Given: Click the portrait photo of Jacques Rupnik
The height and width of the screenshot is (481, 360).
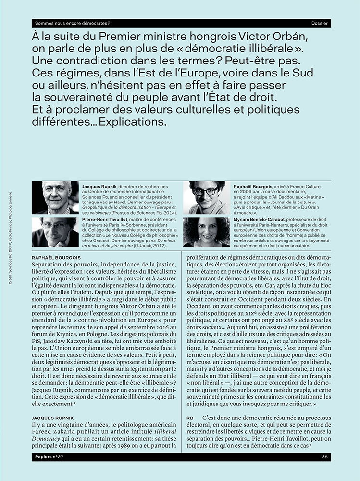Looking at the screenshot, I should coord(55,198).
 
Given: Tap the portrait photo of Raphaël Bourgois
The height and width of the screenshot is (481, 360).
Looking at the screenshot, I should coord(207,198).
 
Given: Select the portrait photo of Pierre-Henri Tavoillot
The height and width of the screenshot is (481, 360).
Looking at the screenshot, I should coord(55,232).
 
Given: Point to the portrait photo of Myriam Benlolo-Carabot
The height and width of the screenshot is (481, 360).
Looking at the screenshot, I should coord(207,232).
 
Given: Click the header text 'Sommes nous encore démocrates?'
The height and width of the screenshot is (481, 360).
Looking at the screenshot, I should coord(73,23).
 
